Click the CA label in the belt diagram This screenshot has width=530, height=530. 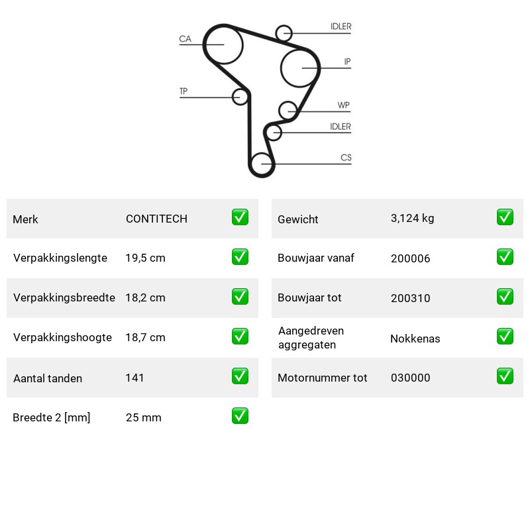(x=185, y=39)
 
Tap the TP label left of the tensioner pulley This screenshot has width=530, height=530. (x=184, y=91)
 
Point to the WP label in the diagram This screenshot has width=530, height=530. (x=343, y=105)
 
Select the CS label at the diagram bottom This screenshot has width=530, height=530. (x=346, y=158)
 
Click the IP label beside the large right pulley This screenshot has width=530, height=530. (x=347, y=62)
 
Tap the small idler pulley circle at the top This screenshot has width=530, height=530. (x=284, y=33)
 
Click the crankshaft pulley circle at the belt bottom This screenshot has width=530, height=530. (x=262, y=164)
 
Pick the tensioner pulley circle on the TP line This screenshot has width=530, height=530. (x=240, y=97)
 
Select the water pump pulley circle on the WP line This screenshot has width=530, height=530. (x=288, y=110)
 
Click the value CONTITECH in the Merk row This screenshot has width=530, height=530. (x=156, y=219)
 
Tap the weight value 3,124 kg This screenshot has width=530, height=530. (x=412, y=219)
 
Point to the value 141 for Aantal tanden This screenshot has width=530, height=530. (x=134, y=378)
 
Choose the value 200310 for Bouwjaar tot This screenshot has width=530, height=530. (x=410, y=298)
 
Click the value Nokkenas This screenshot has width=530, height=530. (x=415, y=339)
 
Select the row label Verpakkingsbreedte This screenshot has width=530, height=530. (x=64, y=297)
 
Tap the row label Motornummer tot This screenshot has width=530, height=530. (x=322, y=378)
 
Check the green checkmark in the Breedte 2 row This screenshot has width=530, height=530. (x=240, y=416)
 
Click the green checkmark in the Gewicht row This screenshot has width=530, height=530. (x=505, y=217)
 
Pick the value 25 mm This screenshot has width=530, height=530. (x=143, y=417)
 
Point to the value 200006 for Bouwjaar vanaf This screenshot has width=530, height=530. (x=410, y=258)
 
